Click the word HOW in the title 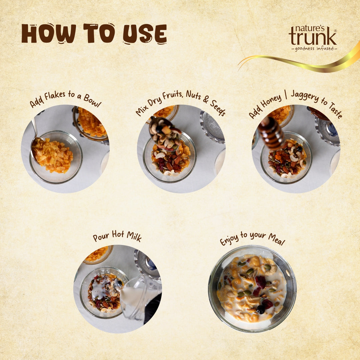pyautogui.click(x=49, y=33)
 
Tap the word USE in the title pyautogui.click(x=145, y=34)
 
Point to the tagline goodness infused pyautogui.click(x=314, y=48)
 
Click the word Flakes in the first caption pyautogui.click(x=55, y=95)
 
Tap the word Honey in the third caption pyautogui.click(x=271, y=101)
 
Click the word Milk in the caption pyautogui.click(x=134, y=236)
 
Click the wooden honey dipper pyautogui.click(x=271, y=133)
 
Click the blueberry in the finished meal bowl pyautogui.click(x=260, y=309)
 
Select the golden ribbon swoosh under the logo pyautogui.click(x=298, y=61)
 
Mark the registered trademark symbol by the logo pyautogui.click(x=335, y=31)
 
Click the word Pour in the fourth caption pyautogui.click(x=101, y=237)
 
